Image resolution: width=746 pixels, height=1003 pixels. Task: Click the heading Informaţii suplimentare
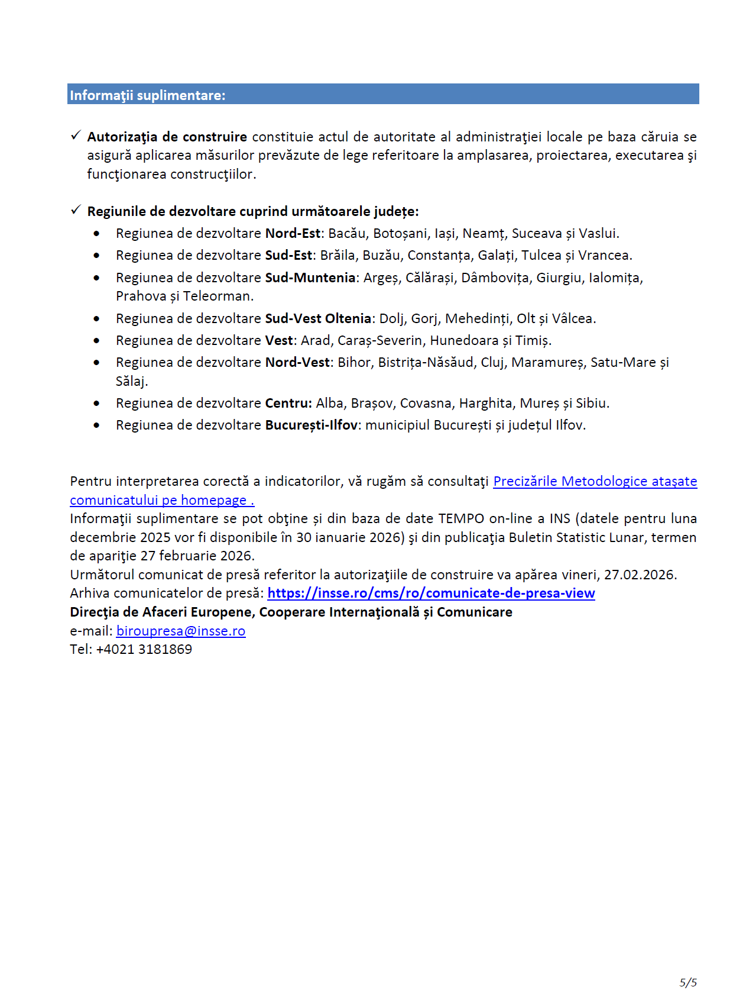147,95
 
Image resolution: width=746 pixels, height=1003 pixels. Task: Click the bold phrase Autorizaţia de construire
167,137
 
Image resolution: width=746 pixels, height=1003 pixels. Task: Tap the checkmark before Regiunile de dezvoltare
76,210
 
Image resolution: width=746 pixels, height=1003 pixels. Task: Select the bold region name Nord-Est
292,234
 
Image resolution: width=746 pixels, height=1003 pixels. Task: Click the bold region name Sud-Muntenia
310,278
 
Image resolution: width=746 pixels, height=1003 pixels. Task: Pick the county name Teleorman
218,296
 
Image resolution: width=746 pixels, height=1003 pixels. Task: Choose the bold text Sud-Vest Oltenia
317,319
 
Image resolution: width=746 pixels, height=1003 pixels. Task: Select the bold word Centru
288,404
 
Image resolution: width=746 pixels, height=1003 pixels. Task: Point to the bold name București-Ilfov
311,425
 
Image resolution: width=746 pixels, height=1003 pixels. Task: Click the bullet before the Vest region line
96,341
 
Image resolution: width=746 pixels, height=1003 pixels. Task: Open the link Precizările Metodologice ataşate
595,482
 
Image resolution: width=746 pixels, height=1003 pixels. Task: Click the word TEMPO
461,519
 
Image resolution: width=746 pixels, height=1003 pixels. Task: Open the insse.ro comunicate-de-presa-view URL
431,594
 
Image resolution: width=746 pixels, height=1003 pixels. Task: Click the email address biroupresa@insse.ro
181,631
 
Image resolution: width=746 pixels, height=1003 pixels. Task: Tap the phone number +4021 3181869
144,650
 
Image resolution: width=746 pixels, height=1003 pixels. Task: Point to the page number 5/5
688,983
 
